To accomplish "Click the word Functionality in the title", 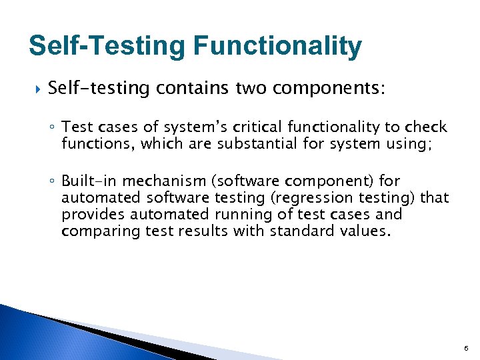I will [277, 47].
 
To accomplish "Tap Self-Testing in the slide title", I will [107, 47].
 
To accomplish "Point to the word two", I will [253, 89].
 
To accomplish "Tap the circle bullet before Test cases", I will [53, 128].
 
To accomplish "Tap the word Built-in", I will [89, 181].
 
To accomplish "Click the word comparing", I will [92, 231].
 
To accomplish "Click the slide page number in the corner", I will [465, 348].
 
